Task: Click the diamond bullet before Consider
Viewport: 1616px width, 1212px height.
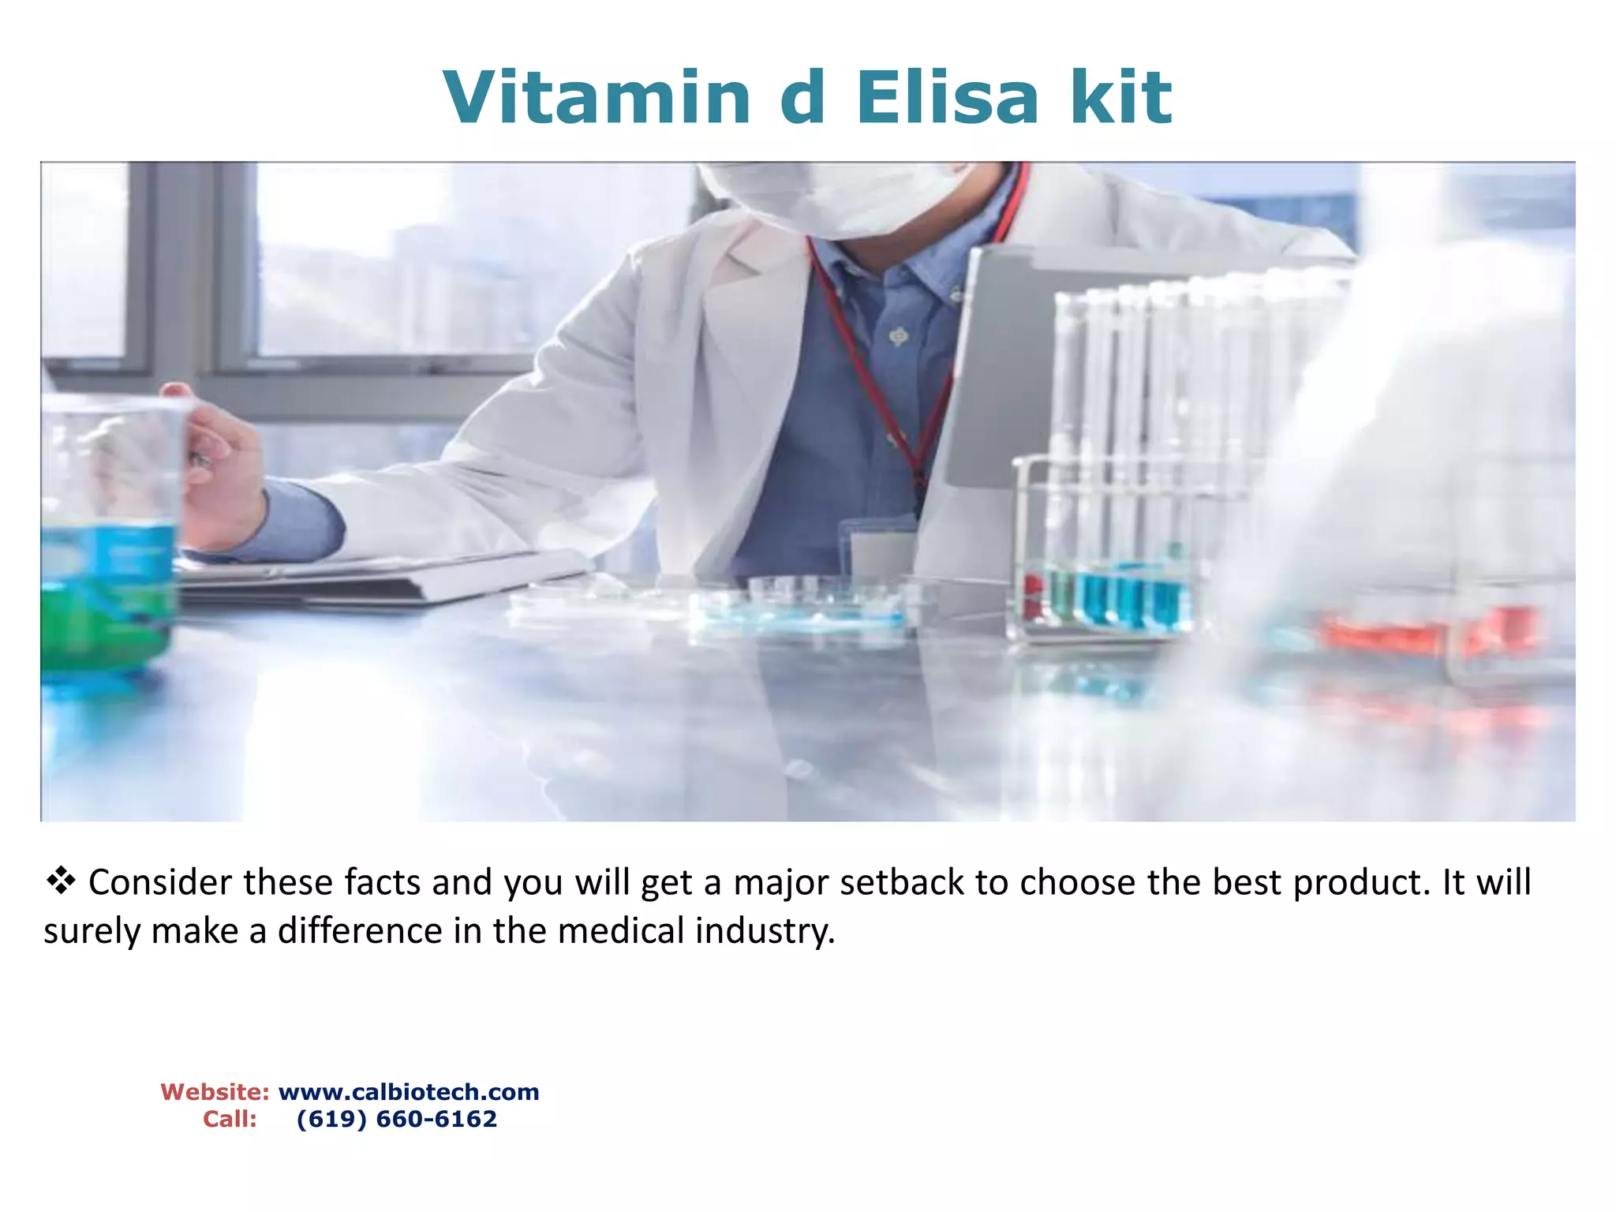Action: pos(61,881)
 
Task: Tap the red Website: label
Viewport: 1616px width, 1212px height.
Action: pos(215,1092)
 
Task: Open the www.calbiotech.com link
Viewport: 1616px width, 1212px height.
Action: pos(409,1092)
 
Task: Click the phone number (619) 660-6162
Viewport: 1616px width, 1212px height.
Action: pos(397,1119)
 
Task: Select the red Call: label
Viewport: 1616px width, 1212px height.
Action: pos(230,1119)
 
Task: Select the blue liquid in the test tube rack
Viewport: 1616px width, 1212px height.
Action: pos(1128,596)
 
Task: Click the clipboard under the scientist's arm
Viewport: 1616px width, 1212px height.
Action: pos(379,580)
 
